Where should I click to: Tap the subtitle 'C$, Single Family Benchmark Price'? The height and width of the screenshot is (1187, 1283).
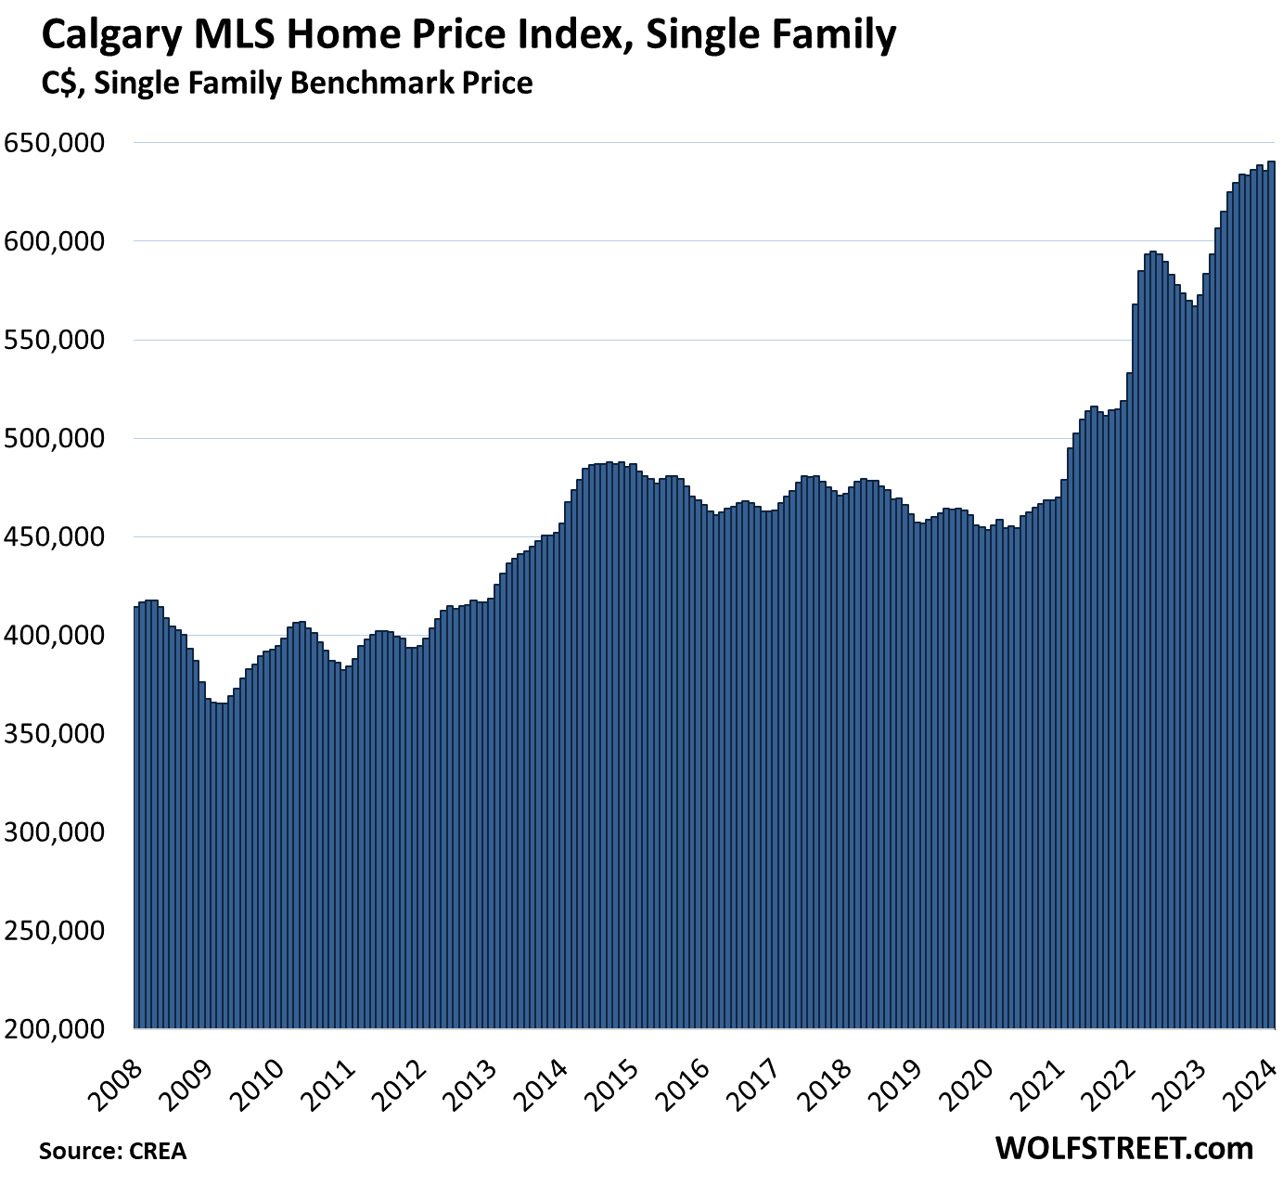[x=287, y=84]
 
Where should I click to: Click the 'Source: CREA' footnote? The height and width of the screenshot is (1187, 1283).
[x=112, y=1152]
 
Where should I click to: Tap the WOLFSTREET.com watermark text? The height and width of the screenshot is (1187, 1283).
[x=1124, y=1148]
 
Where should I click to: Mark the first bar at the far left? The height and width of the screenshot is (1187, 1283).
[x=136, y=817]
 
